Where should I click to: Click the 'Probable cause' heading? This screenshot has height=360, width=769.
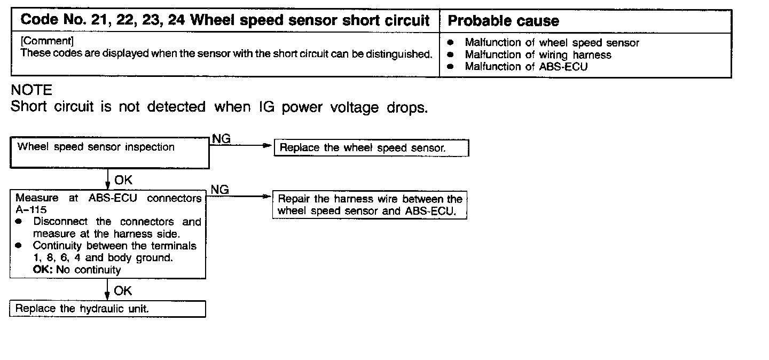504,21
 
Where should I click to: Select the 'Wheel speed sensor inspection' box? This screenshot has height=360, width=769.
109,153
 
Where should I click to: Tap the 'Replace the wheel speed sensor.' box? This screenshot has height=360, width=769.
371,148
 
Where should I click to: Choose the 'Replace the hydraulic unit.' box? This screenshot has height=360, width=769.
107,309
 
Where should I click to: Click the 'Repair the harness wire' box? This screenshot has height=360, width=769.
370,205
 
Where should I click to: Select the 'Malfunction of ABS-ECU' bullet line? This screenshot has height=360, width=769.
526,67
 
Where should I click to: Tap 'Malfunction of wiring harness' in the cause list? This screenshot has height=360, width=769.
538,54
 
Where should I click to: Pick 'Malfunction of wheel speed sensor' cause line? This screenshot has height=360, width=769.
552,43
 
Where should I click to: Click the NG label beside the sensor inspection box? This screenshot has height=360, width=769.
221,139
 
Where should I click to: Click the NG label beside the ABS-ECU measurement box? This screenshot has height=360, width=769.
220,189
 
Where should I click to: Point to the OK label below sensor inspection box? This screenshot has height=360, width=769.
123,180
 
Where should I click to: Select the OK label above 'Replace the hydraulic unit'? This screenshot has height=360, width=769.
123,291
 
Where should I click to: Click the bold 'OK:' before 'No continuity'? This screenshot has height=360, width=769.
44,270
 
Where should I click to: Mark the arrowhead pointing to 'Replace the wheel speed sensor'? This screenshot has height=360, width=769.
269,146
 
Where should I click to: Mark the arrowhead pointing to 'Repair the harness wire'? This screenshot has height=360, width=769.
268,197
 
